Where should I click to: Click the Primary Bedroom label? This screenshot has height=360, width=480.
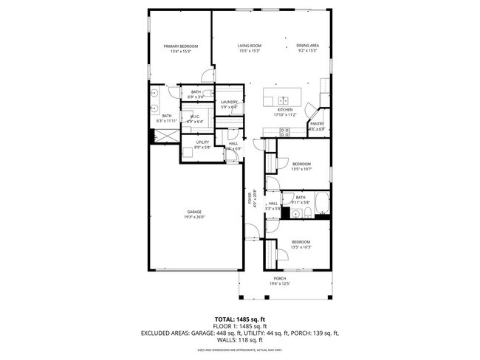(x=180, y=46)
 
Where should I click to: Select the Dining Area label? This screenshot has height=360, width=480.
(x=307, y=45)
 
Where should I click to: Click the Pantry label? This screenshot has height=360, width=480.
(x=316, y=124)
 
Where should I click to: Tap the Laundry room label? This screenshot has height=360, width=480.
(x=229, y=102)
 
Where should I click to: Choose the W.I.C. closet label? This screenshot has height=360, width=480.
(x=195, y=116)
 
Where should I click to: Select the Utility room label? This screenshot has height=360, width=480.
(x=202, y=142)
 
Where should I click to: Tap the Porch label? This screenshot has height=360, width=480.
(x=279, y=278)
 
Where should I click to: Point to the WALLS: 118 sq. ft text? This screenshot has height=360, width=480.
(x=239, y=340)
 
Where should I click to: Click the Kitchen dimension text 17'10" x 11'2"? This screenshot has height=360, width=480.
(x=284, y=114)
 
